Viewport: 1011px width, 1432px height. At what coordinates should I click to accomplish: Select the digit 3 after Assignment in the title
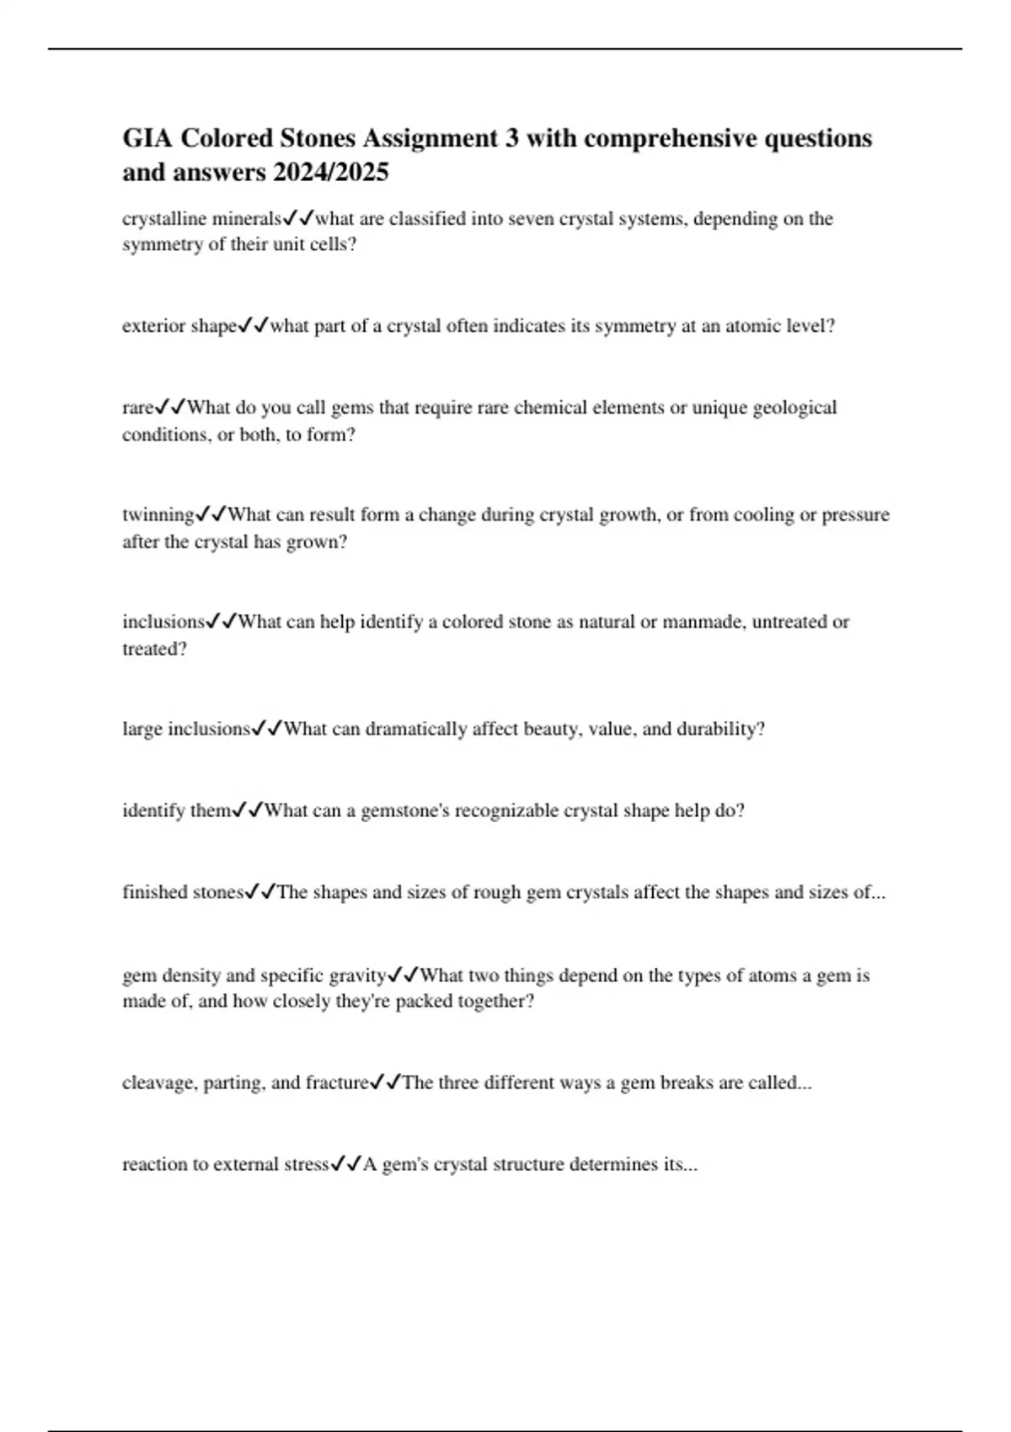click(x=511, y=138)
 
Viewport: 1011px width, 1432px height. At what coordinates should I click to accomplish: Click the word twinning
click(x=158, y=515)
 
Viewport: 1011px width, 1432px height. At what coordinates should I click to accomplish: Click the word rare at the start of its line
click(x=138, y=409)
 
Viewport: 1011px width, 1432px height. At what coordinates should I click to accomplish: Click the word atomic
click(x=752, y=327)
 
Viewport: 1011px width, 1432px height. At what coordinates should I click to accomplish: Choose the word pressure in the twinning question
click(x=856, y=515)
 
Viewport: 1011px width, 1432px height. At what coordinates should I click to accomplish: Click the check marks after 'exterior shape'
click(x=253, y=326)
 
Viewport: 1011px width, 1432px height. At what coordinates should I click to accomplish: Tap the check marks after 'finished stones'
click(x=259, y=892)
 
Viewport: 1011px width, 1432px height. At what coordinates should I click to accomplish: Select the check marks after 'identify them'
click(x=248, y=810)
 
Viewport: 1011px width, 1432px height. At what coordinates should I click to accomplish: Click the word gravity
click(x=357, y=975)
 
